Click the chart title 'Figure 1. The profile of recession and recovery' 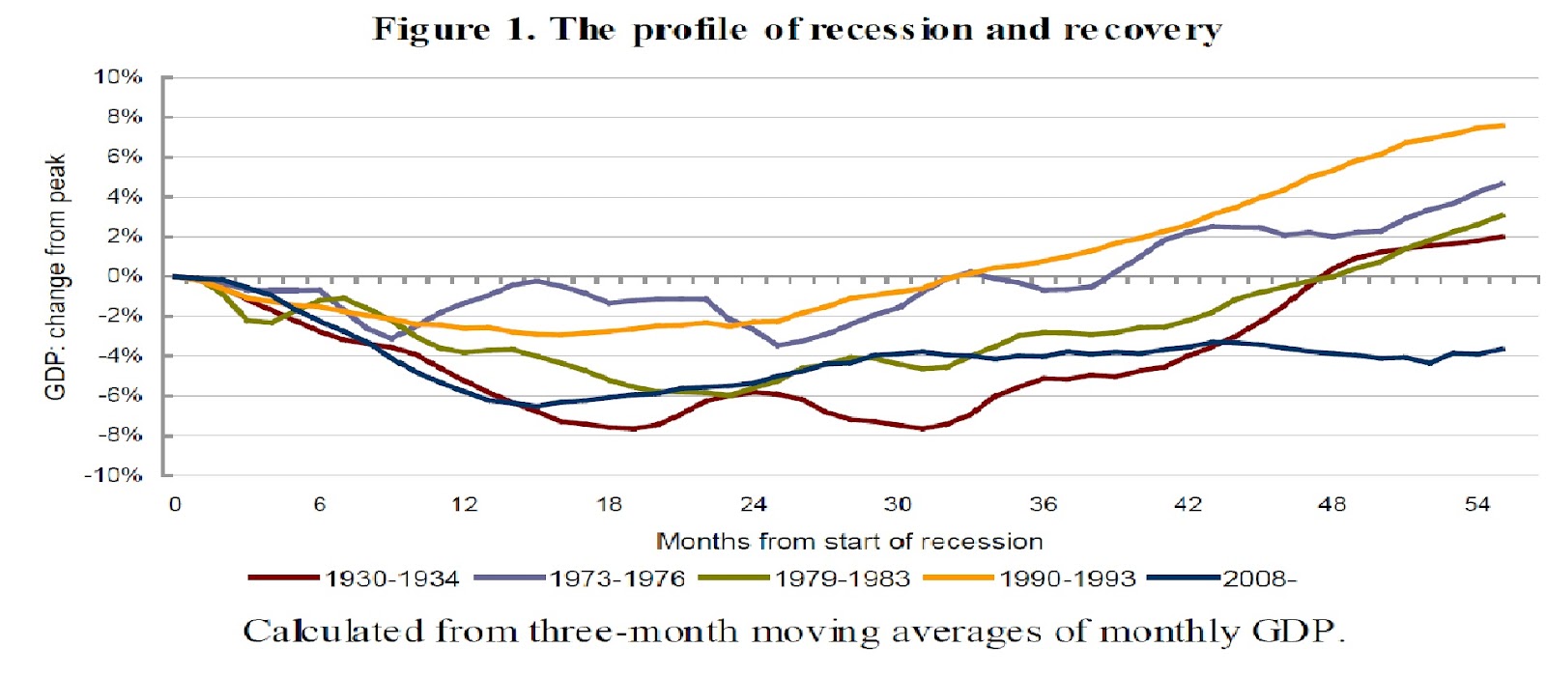pyautogui.click(x=797, y=30)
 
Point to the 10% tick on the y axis pyautogui.click(x=118, y=76)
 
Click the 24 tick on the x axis pyautogui.click(x=754, y=504)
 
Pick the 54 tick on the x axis pyautogui.click(x=1477, y=504)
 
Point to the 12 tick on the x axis pyautogui.click(x=465, y=504)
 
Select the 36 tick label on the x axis pyautogui.click(x=1044, y=504)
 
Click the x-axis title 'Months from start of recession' pyautogui.click(x=849, y=541)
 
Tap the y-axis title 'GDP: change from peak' pyautogui.click(x=56, y=276)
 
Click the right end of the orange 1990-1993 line pyautogui.click(x=1503, y=126)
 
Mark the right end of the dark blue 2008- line pyautogui.click(x=1503, y=349)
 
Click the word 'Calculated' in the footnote pyautogui.click(x=333, y=632)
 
